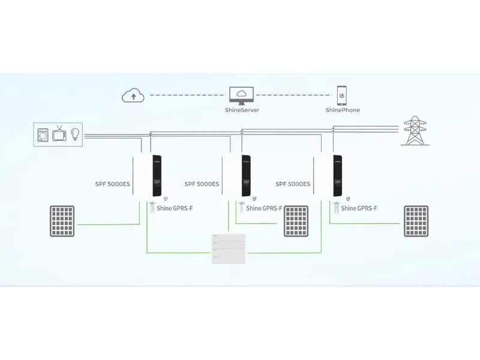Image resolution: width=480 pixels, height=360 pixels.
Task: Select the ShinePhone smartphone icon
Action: point(342,95)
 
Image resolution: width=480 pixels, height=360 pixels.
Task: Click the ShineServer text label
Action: point(241,110)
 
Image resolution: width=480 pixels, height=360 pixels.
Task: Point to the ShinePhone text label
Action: point(342,110)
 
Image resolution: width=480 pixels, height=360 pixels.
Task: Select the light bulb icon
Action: point(76,133)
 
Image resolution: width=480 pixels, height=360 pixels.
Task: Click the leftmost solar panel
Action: point(62,221)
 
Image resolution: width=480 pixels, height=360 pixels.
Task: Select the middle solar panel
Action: point(296,221)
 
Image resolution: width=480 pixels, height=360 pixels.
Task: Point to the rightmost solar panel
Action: point(416,221)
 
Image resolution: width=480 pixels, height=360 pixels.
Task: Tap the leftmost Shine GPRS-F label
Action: point(174,209)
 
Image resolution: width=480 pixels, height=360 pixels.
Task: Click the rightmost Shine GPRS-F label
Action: point(359,209)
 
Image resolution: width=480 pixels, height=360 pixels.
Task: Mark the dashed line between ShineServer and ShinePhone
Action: point(294,95)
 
